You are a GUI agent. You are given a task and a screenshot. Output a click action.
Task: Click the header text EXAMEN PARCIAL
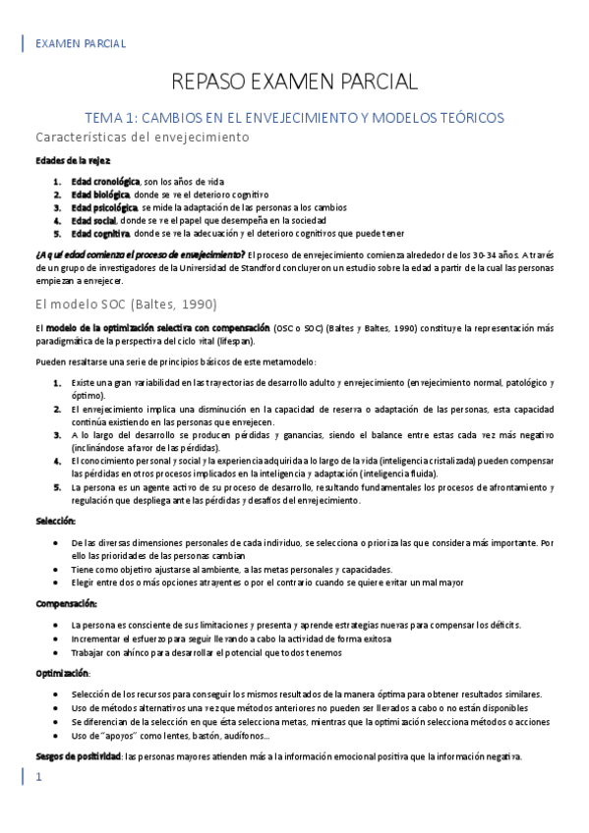click(x=80, y=43)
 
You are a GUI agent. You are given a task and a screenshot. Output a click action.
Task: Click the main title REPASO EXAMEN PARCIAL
click(x=294, y=81)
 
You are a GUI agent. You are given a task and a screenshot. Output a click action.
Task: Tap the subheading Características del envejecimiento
click(x=143, y=138)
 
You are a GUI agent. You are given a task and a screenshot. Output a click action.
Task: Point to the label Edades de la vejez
click(x=73, y=160)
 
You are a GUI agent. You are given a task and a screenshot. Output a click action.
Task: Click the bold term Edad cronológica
click(x=105, y=182)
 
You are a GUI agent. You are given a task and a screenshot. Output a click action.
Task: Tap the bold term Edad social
click(x=92, y=221)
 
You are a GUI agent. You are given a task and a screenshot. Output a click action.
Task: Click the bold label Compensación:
click(x=66, y=604)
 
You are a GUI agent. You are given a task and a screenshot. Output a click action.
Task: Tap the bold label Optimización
click(x=62, y=674)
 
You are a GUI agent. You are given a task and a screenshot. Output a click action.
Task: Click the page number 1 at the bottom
click(x=39, y=778)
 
